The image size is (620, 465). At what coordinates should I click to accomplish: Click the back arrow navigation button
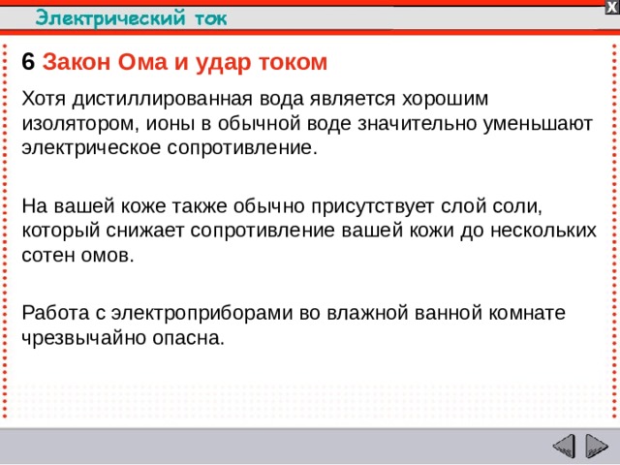pos(564,447)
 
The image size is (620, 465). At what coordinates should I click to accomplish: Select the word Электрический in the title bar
pos(101,16)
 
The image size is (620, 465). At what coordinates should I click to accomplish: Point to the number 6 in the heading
pos(28,62)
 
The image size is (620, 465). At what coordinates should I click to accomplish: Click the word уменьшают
pos(542,125)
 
